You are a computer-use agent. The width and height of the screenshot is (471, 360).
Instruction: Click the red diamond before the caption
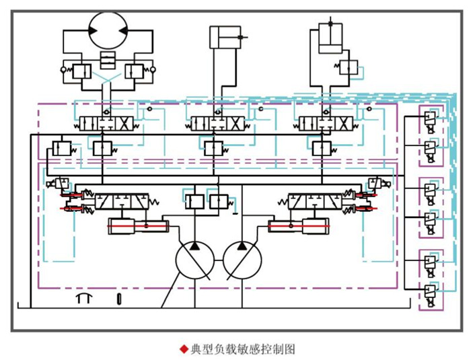(183, 349)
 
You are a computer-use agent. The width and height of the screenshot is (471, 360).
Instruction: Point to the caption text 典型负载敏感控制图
(243, 349)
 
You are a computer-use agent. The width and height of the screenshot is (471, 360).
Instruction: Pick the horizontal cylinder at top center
(223, 37)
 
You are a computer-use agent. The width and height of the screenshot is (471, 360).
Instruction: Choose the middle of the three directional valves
(217, 124)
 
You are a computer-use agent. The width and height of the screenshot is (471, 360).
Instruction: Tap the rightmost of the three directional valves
(326, 124)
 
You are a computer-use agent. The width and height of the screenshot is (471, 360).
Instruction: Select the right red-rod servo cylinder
(299, 227)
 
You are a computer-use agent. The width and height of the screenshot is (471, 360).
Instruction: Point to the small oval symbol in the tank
(120, 298)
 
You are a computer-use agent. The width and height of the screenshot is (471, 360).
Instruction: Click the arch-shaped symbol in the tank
(83, 298)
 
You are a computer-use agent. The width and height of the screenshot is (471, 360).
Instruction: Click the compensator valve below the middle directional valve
(215, 147)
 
